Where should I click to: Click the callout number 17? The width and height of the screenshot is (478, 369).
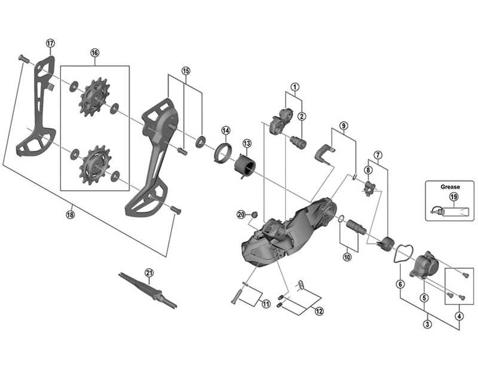coord(50,42)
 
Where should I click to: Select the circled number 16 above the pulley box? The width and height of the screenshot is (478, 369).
coord(94,53)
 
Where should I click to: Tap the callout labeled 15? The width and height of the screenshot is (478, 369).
coord(186,71)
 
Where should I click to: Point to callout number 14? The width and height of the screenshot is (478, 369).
coord(225,130)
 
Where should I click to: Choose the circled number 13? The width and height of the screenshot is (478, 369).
coord(247,144)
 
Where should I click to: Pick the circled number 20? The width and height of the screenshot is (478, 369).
coord(241,214)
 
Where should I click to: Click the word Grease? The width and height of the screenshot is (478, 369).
coord(450,187)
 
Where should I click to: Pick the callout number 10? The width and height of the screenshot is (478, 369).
coord(347,257)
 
